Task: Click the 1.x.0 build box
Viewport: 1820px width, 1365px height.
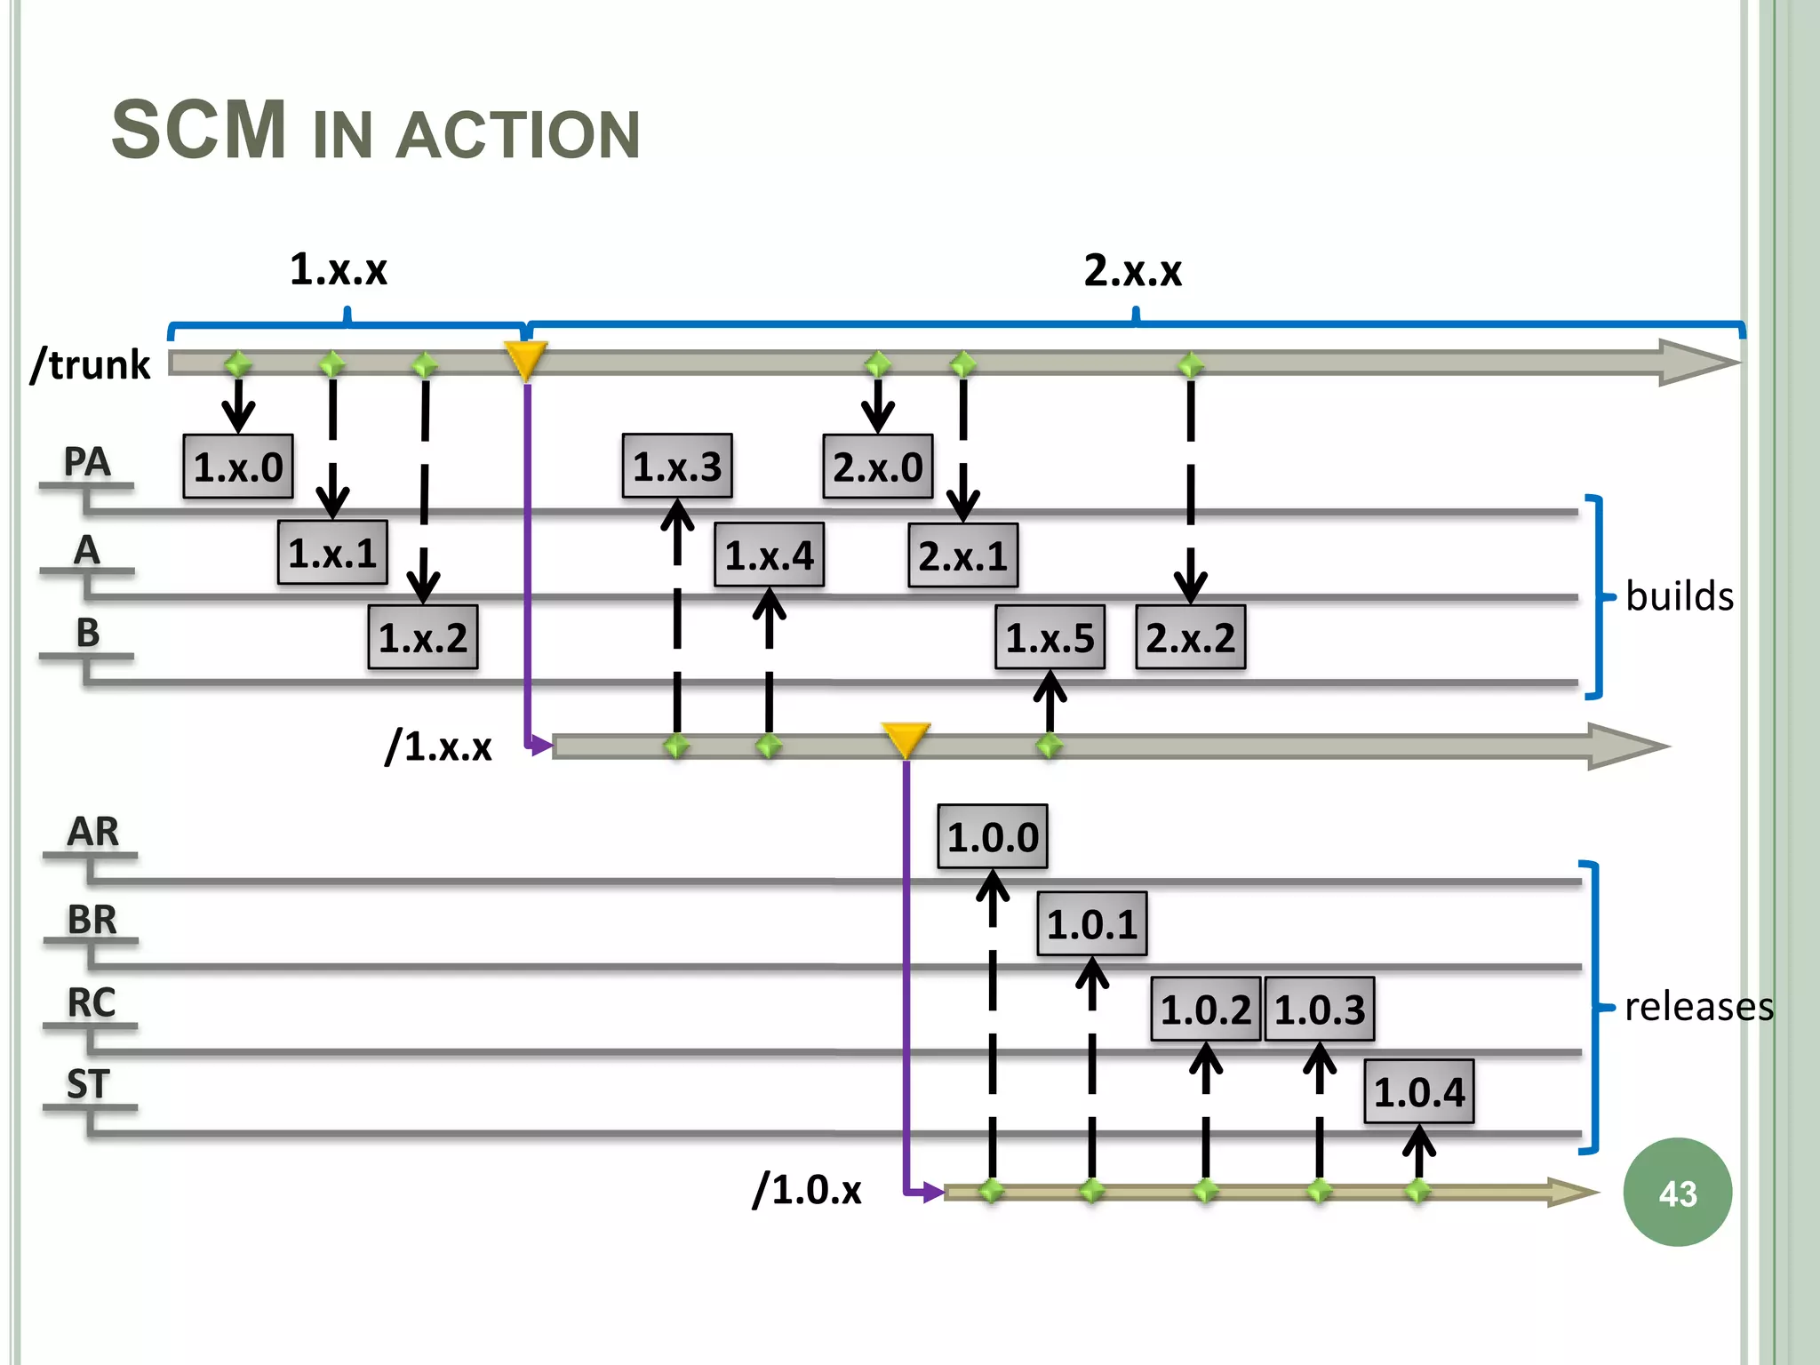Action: pos(238,467)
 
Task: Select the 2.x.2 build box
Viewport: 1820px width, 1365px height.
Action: pos(1190,637)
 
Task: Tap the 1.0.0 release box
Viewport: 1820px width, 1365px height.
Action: pos(993,837)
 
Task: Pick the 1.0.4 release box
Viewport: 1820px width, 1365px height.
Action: pos(1419,1092)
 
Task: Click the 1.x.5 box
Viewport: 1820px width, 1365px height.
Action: pos(1050,637)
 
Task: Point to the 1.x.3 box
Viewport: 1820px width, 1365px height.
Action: pos(677,467)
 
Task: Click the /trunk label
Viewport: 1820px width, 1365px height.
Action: pos(91,364)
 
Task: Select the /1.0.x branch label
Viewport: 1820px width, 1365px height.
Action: pos(807,1189)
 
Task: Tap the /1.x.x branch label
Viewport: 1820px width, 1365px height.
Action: pos(438,746)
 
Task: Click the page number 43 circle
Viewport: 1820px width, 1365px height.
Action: pos(1677,1193)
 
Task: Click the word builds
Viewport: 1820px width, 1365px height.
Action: pos(1679,596)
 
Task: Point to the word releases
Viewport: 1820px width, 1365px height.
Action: pos(1698,1007)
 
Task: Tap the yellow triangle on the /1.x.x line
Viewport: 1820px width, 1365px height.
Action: pos(906,738)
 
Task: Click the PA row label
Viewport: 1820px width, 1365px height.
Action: pos(87,461)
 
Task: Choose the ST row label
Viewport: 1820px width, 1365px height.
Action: pos(88,1084)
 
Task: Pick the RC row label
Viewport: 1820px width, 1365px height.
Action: pos(92,1002)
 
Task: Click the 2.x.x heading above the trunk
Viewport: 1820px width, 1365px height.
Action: pos(1132,270)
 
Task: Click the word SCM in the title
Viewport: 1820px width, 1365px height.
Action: pos(199,131)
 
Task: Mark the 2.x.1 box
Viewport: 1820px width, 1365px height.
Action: pos(962,556)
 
